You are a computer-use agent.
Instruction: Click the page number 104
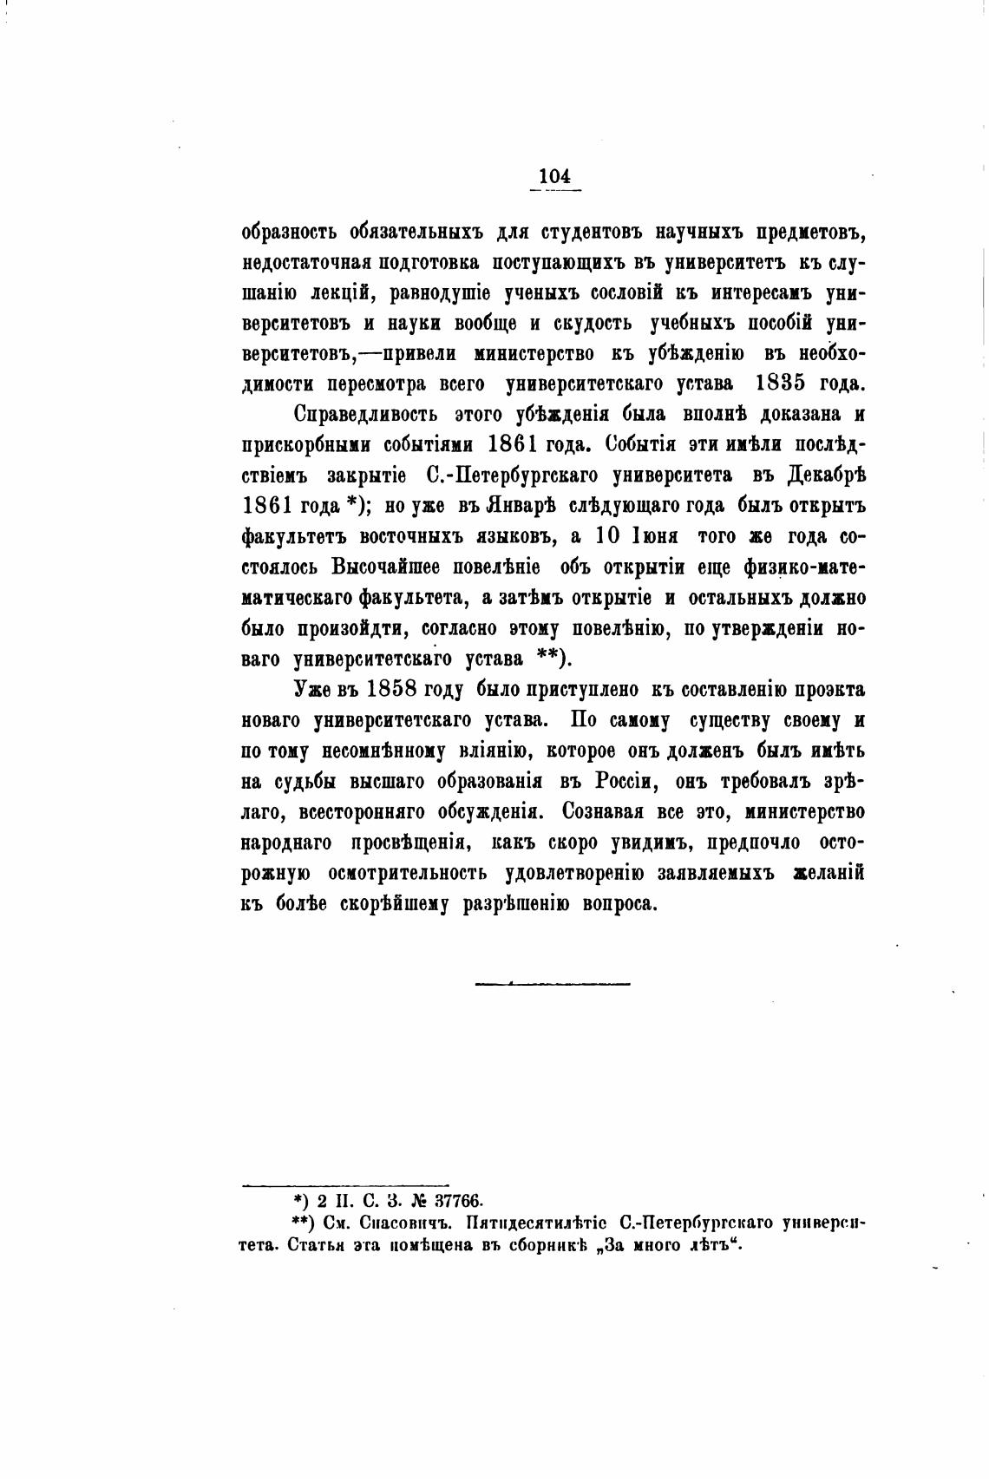tap(553, 176)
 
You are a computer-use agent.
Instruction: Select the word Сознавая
tap(606, 811)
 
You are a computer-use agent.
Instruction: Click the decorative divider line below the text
tap(552, 983)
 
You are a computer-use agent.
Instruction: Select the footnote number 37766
tap(446, 1200)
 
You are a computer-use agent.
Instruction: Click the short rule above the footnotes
tap(344, 1184)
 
